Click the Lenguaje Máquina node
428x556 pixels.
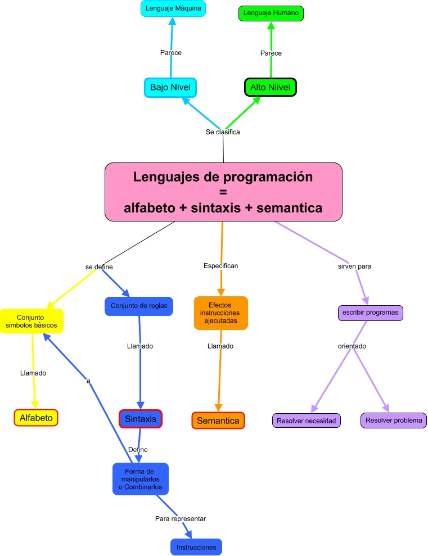(173, 8)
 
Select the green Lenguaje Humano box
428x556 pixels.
(271, 13)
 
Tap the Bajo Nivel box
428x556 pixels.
(170, 87)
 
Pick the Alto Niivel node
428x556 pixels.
(270, 87)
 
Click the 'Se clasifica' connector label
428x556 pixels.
(223, 132)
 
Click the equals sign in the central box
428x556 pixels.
(223, 192)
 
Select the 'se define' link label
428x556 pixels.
(100, 267)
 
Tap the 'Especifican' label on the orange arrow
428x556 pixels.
(220, 265)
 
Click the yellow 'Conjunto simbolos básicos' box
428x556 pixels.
(31, 321)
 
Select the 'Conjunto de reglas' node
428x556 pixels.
(138, 306)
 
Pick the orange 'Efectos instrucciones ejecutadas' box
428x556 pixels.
(220, 313)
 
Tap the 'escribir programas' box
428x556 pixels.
(370, 313)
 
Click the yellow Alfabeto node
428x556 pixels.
(36, 418)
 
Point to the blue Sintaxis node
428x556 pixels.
(141, 419)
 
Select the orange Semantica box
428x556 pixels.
(218, 421)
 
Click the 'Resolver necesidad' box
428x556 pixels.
(306, 420)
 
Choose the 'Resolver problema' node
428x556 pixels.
(393, 420)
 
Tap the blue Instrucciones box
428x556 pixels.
(196, 546)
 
